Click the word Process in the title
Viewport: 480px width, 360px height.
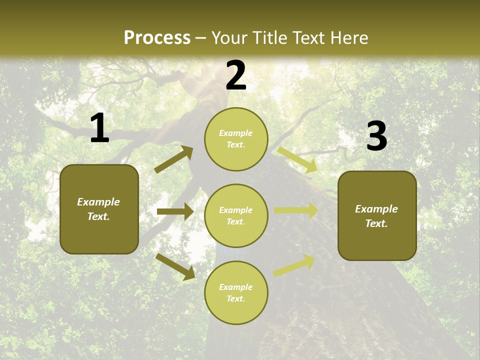coord(157,38)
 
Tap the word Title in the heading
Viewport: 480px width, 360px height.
coord(271,38)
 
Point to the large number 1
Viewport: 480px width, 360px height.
coord(99,128)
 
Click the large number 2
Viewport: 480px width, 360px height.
coord(236,75)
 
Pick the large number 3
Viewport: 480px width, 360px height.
coord(376,136)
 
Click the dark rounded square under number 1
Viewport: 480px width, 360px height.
coord(99,209)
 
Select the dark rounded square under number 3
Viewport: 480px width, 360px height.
coord(377,215)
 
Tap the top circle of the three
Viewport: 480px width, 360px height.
coord(236,139)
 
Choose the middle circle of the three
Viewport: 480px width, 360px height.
coord(236,215)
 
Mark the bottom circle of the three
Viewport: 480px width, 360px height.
coord(236,292)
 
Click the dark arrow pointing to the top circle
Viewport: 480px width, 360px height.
coord(174,159)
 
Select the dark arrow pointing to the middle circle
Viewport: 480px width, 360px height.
coord(175,212)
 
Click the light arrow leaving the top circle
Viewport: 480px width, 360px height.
coord(297,159)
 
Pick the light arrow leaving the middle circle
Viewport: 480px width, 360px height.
coord(296,210)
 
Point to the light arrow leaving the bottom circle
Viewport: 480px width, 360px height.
coord(294,265)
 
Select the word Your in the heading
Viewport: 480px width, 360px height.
coord(229,38)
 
